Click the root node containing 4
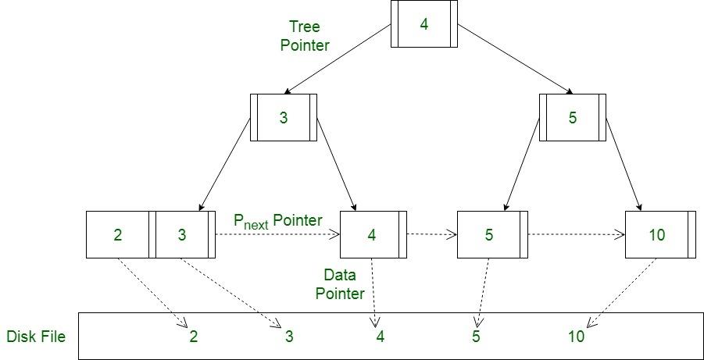(423, 23)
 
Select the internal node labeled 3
(283, 118)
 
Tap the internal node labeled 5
(572, 118)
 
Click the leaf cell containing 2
(117, 234)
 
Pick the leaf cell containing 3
(182, 234)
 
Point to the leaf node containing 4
(372, 234)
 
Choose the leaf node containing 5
(489, 234)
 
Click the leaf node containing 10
(657, 234)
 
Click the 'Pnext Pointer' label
(277, 221)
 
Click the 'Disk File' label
(36, 337)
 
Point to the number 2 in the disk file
(193, 337)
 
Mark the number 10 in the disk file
(576, 337)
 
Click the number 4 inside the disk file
(380, 337)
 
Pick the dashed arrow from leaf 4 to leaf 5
(431, 233)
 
